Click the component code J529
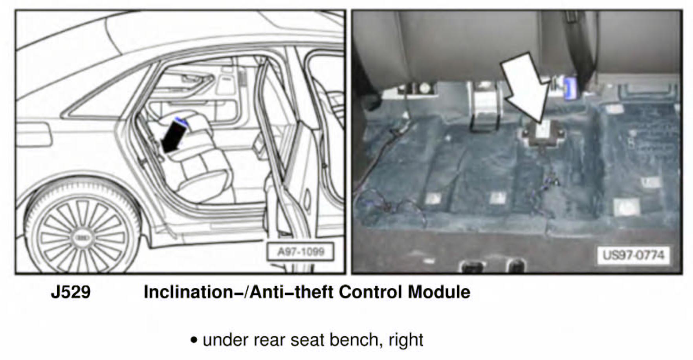click(x=71, y=292)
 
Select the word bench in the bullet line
click(x=356, y=339)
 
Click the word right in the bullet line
click(x=406, y=340)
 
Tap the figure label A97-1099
click(x=301, y=252)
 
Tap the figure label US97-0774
click(x=633, y=255)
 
